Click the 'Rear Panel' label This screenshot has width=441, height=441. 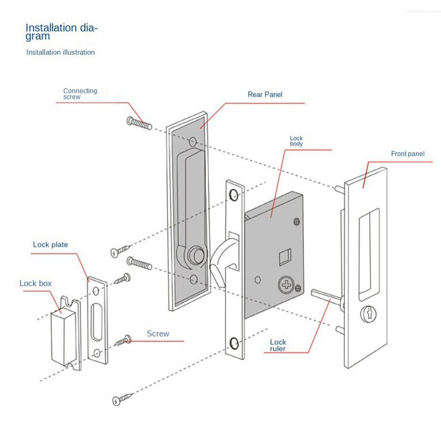pyautogui.click(x=265, y=94)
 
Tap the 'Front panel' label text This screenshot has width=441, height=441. pyautogui.click(x=407, y=154)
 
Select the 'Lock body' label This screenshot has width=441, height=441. pyautogui.click(x=296, y=141)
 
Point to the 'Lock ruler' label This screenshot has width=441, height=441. pyautogui.click(x=278, y=345)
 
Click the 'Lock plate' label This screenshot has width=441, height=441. pyautogui.click(x=50, y=244)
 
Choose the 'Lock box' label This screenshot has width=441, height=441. pyautogui.click(x=35, y=283)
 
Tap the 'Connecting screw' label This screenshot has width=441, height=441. pyautogui.click(x=80, y=93)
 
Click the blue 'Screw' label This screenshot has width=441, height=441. pyautogui.click(x=158, y=334)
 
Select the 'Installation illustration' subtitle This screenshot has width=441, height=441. pyautogui.click(x=60, y=52)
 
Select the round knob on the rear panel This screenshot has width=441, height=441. pyautogui.click(x=194, y=255)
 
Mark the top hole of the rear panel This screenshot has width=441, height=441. pyautogui.click(x=193, y=142)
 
